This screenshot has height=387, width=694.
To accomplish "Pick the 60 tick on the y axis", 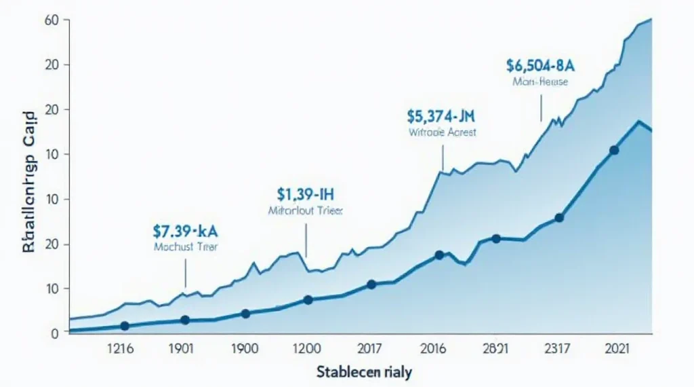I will pyautogui.click(x=53, y=20).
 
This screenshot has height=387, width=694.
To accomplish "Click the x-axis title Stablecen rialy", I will pyautogui.click(x=363, y=372).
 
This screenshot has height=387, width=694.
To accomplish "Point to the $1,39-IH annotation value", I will pyautogui.click(x=306, y=195).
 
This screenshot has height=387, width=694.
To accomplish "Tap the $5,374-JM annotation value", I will pyautogui.click(x=441, y=115).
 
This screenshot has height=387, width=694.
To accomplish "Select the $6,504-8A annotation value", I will pyautogui.click(x=540, y=65).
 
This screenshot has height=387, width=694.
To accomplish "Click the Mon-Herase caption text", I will pyautogui.click(x=540, y=82).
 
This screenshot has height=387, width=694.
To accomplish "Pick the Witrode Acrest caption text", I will pyautogui.click(x=442, y=133).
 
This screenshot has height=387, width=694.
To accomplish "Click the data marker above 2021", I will pyautogui.click(x=614, y=150).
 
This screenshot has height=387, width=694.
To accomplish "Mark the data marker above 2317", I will pyautogui.click(x=559, y=218).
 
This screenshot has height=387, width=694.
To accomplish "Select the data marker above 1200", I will pyautogui.click(x=308, y=299).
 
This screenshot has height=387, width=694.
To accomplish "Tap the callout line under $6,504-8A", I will pyautogui.click(x=541, y=107).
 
